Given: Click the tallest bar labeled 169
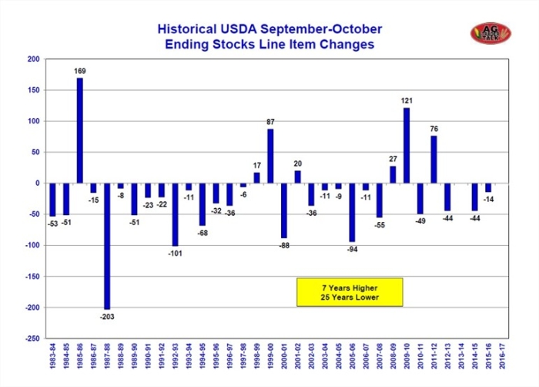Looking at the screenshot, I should point(79,130).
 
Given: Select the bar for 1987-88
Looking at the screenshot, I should point(107,246).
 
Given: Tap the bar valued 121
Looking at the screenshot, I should point(407,146).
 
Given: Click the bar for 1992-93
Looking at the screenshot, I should point(175,214).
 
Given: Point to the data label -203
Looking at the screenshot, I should point(107,315).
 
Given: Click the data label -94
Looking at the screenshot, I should point(351,248).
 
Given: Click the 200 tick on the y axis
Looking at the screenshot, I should point(35,59).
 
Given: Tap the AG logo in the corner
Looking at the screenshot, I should point(486,33).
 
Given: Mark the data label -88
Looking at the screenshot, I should point(284,245).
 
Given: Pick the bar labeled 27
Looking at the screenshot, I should point(393,175).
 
